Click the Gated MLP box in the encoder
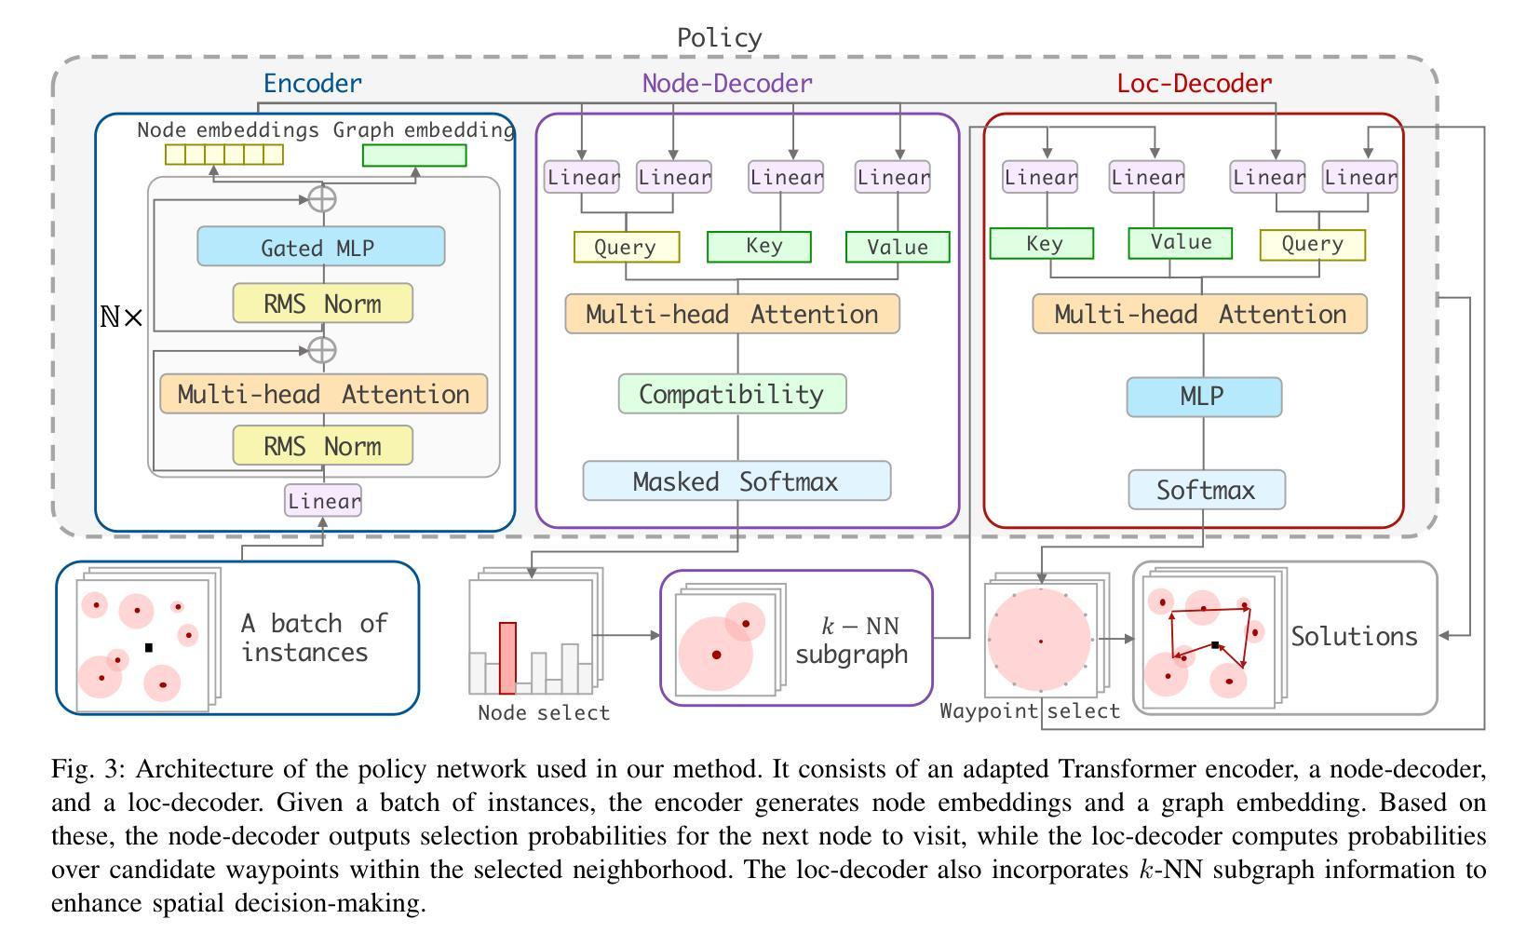(x=320, y=248)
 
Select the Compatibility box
(x=732, y=394)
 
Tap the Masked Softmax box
(x=736, y=481)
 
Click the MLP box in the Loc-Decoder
(x=1203, y=397)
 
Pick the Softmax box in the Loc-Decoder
(x=1206, y=490)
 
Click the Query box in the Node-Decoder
(x=626, y=248)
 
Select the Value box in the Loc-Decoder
(x=1180, y=243)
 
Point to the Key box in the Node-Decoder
(x=759, y=247)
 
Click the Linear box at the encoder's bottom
(x=323, y=501)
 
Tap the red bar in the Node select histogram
(x=507, y=658)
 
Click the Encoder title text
(x=312, y=84)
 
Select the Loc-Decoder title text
(x=1194, y=84)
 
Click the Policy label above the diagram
(x=719, y=38)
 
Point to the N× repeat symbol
(x=122, y=318)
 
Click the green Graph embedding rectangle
(x=413, y=155)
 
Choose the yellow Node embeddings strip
(x=223, y=155)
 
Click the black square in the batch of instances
(x=148, y=647)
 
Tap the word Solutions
(x=1354, y=637)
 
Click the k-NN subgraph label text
(x=851, y=640)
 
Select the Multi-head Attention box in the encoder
(x=323, y=394)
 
